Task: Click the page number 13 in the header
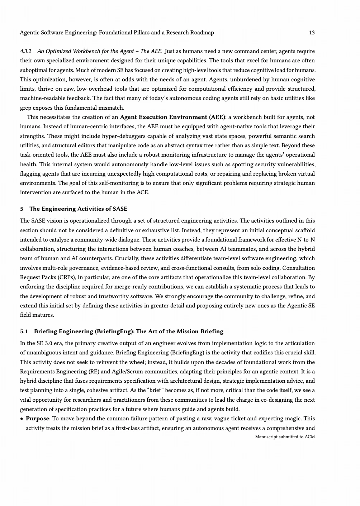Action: [x=312, y=33]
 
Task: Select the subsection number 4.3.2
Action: [x=25, y=51]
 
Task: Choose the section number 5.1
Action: [x=24, y=331]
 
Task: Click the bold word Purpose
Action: [x=37, y=419]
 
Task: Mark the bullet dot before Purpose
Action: [x=22, y=419]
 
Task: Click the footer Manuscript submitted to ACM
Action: [x=285, y=437]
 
